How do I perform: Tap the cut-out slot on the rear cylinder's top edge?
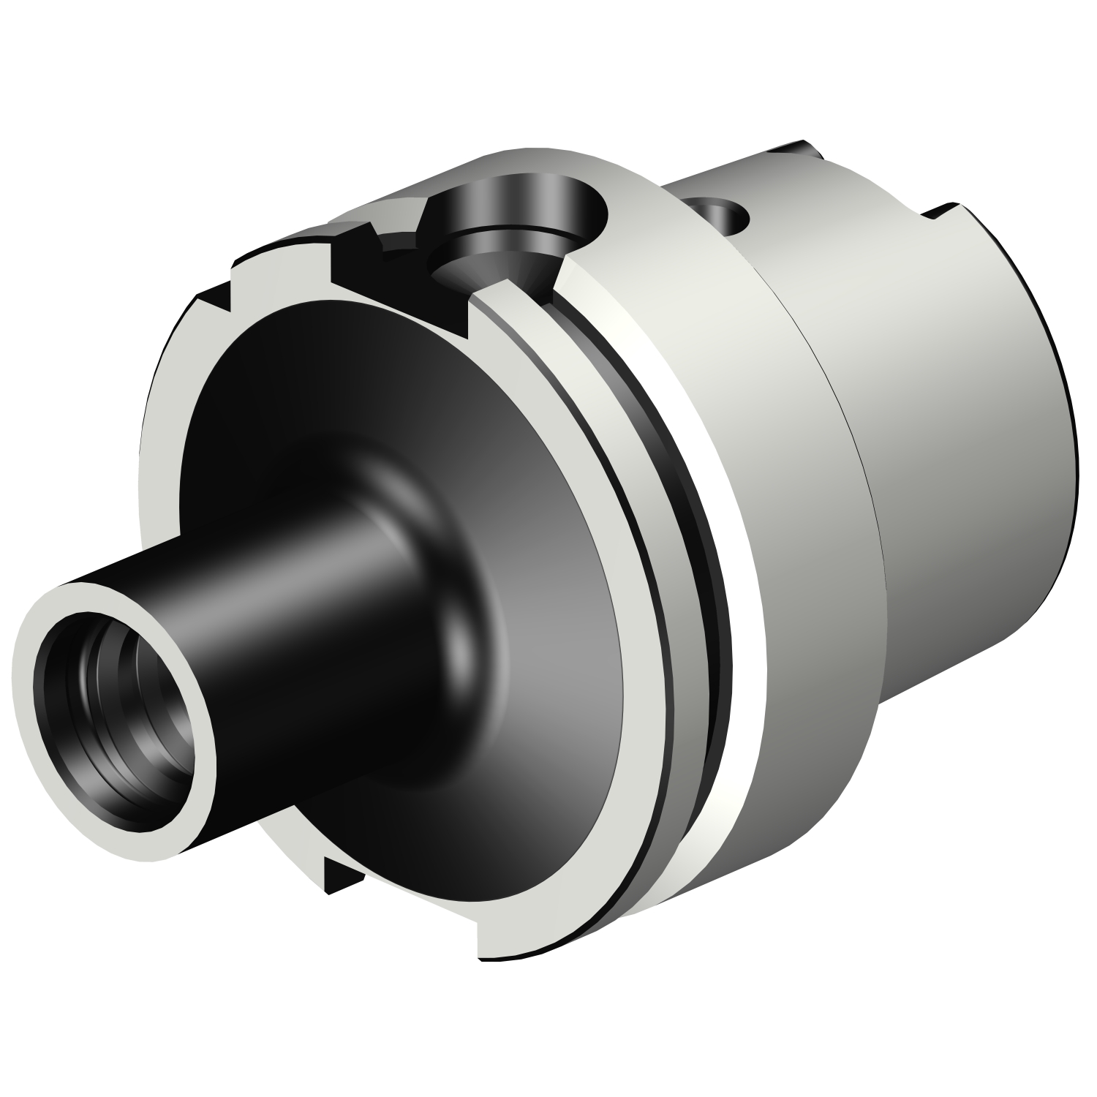[x=951, y=212]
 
